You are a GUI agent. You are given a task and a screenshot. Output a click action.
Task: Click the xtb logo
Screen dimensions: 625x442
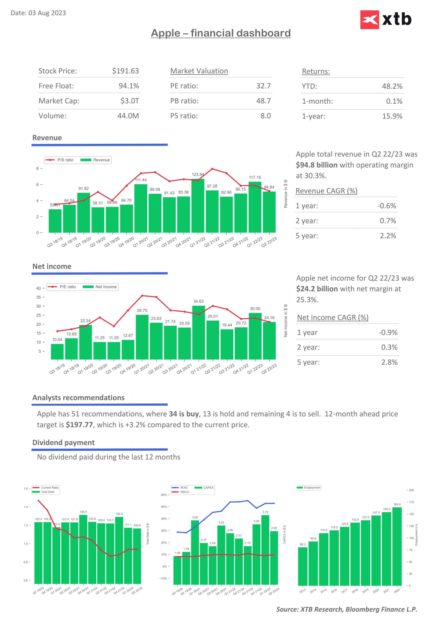tap(386, 20)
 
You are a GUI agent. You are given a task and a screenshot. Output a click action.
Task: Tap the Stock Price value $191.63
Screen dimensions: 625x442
tap(125, 71)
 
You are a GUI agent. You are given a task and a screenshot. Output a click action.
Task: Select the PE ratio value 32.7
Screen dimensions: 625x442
tap(263, 86)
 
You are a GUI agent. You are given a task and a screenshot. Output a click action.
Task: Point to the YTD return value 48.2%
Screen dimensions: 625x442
tap(392, 86)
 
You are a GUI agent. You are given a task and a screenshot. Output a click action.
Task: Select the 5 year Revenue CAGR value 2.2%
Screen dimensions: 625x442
tap(388, 236)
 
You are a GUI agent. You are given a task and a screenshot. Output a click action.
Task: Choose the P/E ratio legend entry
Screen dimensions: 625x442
tap(62, 287)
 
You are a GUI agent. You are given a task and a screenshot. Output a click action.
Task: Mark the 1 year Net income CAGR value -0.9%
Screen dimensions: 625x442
tap(388, 333)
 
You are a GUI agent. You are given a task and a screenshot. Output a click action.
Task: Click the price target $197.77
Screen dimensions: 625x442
tap(79, 425)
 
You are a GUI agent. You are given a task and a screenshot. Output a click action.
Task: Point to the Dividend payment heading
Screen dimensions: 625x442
tap(63, 443)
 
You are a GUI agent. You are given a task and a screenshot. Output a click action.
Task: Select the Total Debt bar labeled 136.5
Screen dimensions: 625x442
tap(83, 550)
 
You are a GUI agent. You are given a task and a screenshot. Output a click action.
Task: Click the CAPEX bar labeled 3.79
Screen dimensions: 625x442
tap(265, 550)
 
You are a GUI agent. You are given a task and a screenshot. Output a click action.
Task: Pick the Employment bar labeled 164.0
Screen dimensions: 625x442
tap(397, 547)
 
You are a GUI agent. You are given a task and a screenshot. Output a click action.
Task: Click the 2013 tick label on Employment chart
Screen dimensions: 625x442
tap(302, 591)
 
